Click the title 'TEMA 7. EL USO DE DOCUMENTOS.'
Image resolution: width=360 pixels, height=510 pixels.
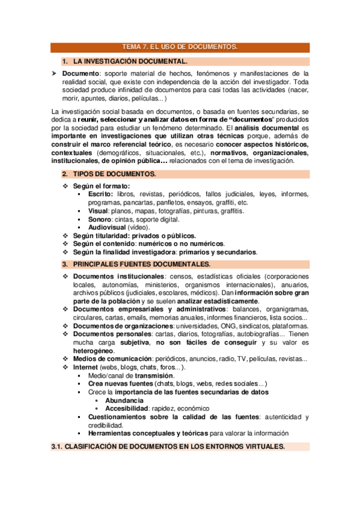point(180,46)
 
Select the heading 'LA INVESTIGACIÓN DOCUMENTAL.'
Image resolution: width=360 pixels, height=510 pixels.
point(130,61)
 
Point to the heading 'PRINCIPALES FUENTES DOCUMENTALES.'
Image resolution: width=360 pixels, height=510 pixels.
point(142,264)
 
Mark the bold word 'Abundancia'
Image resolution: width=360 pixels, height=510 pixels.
point(124,400)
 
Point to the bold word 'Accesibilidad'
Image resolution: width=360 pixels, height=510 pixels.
point(128,408)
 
